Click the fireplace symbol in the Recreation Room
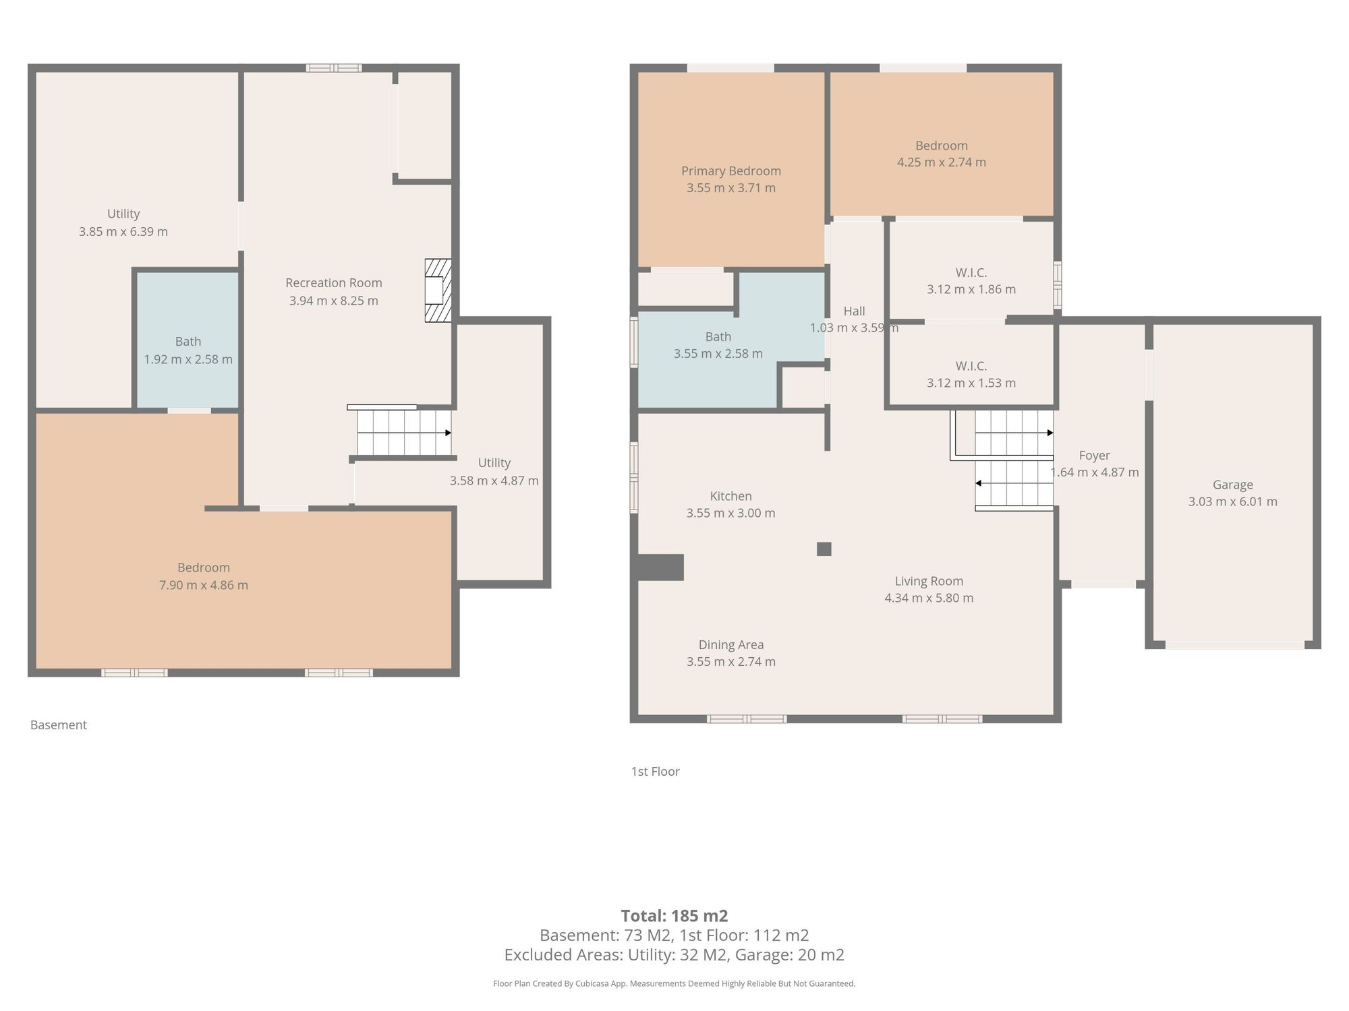(438, 290)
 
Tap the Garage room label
(1232, 485)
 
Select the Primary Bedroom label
(731, 171)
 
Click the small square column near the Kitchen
(824, 549)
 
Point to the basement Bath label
(188, 342)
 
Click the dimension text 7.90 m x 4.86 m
(204, 585)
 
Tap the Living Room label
(929, 581)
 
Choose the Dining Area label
(731, 645)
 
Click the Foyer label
(1094, 456)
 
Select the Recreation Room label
(334, 283)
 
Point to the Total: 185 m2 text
(674, 916)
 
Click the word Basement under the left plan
(59, 725)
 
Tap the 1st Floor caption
(656, 772)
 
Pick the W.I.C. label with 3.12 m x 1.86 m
(971, 273)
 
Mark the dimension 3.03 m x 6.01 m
(1233, 501)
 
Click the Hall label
(854, 311)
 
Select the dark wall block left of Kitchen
(660, 568)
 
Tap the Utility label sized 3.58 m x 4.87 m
(494, 463)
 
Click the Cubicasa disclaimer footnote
(674, 984)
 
